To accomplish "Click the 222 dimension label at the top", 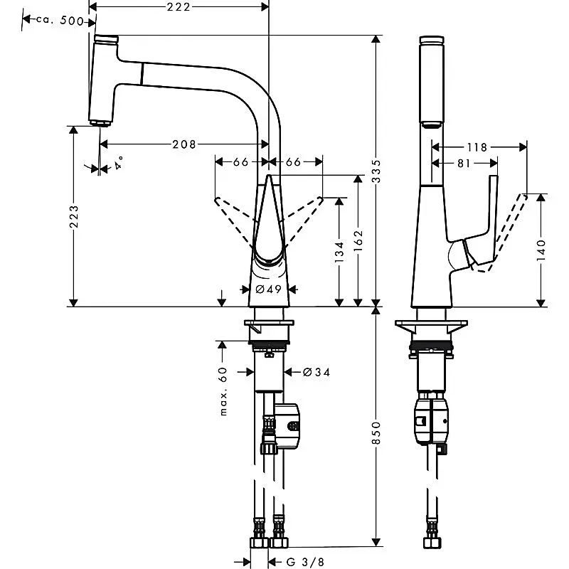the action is (x=179, y=7).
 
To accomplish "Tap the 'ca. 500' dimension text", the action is (x=60, y=21).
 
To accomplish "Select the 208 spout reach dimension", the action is (x=184, y=144).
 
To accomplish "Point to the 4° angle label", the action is (x=118, y=163).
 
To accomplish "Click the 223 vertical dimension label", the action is (x=74, y=217).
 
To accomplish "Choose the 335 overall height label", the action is (x=376, y=171).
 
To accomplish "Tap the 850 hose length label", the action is (x=376, y=432).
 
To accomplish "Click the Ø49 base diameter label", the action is (x=269, y=289).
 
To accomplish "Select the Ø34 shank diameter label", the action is (x=317, y=372).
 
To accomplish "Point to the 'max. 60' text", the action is (x=223, y=391).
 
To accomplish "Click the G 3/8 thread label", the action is (x=305, y=563).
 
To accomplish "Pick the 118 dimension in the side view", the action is (x=477, y=147).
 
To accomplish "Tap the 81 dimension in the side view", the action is (x=464, y=164).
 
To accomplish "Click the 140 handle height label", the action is (x=541, y=250).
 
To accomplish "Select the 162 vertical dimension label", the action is (x=358, y=240).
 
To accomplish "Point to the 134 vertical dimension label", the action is (x=339, y=252).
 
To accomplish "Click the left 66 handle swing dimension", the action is (x=240, y=162).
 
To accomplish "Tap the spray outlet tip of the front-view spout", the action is (x=100, y=123).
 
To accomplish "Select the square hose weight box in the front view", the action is (x=287, y=425).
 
